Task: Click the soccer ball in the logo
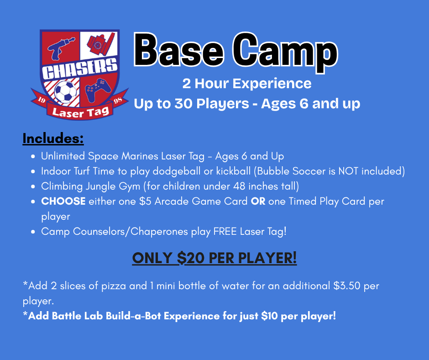coord(65,91)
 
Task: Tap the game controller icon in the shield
coord(98,90)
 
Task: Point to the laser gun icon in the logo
coord(60,48)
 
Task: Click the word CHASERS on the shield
coord(79,68)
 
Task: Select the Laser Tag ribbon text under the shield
coord(80,112)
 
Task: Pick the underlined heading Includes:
coord(53,138)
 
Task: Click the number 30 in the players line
coord(183,104)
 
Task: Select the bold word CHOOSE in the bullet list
coord(63,201)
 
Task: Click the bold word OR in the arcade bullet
coord(258,201)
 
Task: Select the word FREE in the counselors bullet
coord(225,232)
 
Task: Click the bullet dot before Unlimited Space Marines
coord(33,156)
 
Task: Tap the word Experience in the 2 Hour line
coord(272,84)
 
